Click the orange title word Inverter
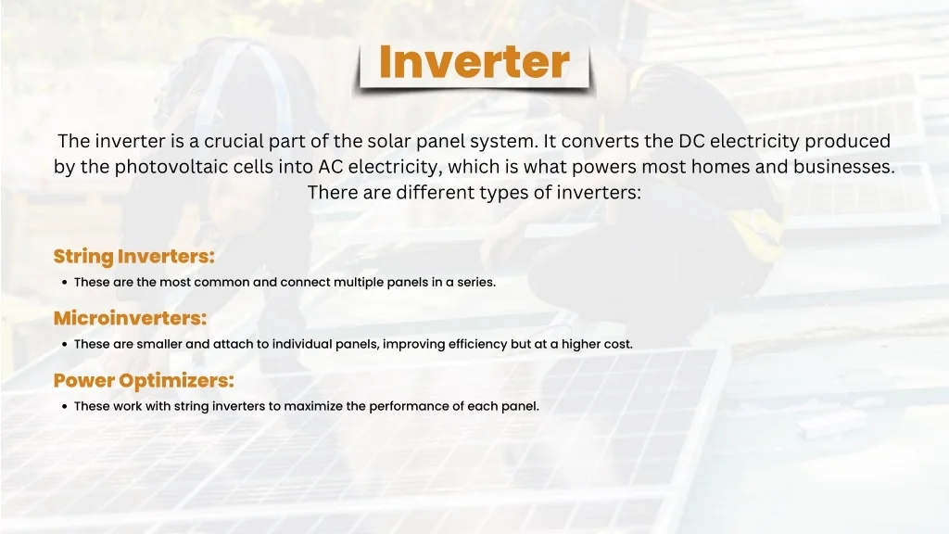coord(474,62)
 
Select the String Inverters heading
coord(133,257)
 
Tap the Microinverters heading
coord(130,318)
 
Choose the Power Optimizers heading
coord(144,381)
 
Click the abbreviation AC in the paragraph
coord(331,167)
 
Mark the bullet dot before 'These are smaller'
coord(64,345)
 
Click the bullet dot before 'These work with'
coord(64,406)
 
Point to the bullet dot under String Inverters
coord(64,282)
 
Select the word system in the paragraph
coord(503,142)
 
